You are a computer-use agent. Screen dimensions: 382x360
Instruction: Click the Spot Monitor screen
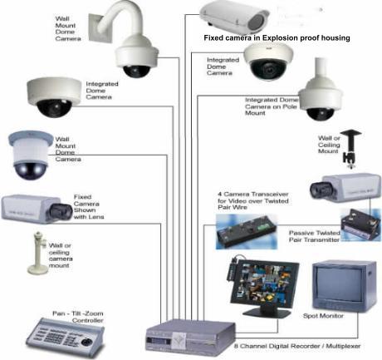coord(340,284)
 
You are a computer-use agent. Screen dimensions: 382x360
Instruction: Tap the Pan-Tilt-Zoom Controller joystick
coord(87,341)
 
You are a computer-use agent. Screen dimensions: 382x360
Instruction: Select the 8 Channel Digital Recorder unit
coord(189,338)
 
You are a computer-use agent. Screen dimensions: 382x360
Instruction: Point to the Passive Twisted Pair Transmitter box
coord(360,224)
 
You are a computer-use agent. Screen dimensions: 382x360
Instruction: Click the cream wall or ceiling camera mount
coord(39,252)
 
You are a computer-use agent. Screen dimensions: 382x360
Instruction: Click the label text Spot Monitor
coord(323,316)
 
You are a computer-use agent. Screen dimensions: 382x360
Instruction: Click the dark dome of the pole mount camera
coord(321,114)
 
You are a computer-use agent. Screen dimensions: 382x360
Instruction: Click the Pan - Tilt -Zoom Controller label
coord(78,317)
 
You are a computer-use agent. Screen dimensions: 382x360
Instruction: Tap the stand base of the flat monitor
coord(267,313)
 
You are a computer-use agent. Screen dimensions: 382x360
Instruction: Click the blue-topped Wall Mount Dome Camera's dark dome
coord(31,170)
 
